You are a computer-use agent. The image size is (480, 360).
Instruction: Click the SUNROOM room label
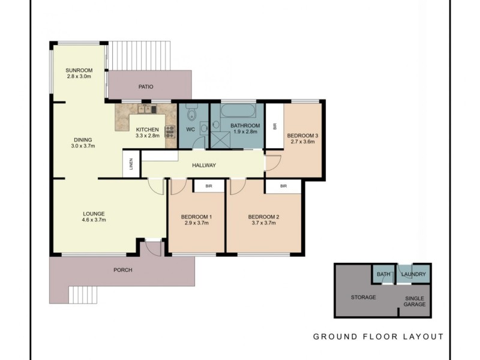79,70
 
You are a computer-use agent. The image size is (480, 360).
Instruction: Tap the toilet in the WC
192,112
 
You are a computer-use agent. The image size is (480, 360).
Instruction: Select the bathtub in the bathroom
238,111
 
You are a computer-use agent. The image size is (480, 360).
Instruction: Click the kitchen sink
147,109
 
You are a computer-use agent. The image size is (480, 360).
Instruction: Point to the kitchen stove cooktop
170,131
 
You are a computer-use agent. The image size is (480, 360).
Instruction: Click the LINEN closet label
131,164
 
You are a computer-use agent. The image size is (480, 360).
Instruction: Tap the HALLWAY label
204,166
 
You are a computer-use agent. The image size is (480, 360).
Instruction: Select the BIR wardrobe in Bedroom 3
275,126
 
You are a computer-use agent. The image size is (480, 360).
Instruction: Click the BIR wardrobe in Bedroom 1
209,186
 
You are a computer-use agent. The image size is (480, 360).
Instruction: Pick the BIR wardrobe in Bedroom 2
283,186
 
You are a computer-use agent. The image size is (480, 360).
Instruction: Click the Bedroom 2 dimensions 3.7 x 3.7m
263,223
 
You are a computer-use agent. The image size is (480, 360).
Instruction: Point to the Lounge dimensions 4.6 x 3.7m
94,220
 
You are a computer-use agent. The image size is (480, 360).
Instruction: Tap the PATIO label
146,87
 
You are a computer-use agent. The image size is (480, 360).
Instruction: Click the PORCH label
123,270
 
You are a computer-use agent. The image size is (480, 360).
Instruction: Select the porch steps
83,295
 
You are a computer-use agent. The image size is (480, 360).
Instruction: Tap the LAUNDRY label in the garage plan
413,274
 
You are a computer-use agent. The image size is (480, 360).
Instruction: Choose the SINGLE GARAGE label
415,301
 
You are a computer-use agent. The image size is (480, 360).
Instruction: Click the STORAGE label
364,297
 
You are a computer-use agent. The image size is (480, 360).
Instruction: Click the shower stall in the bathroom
220,140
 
